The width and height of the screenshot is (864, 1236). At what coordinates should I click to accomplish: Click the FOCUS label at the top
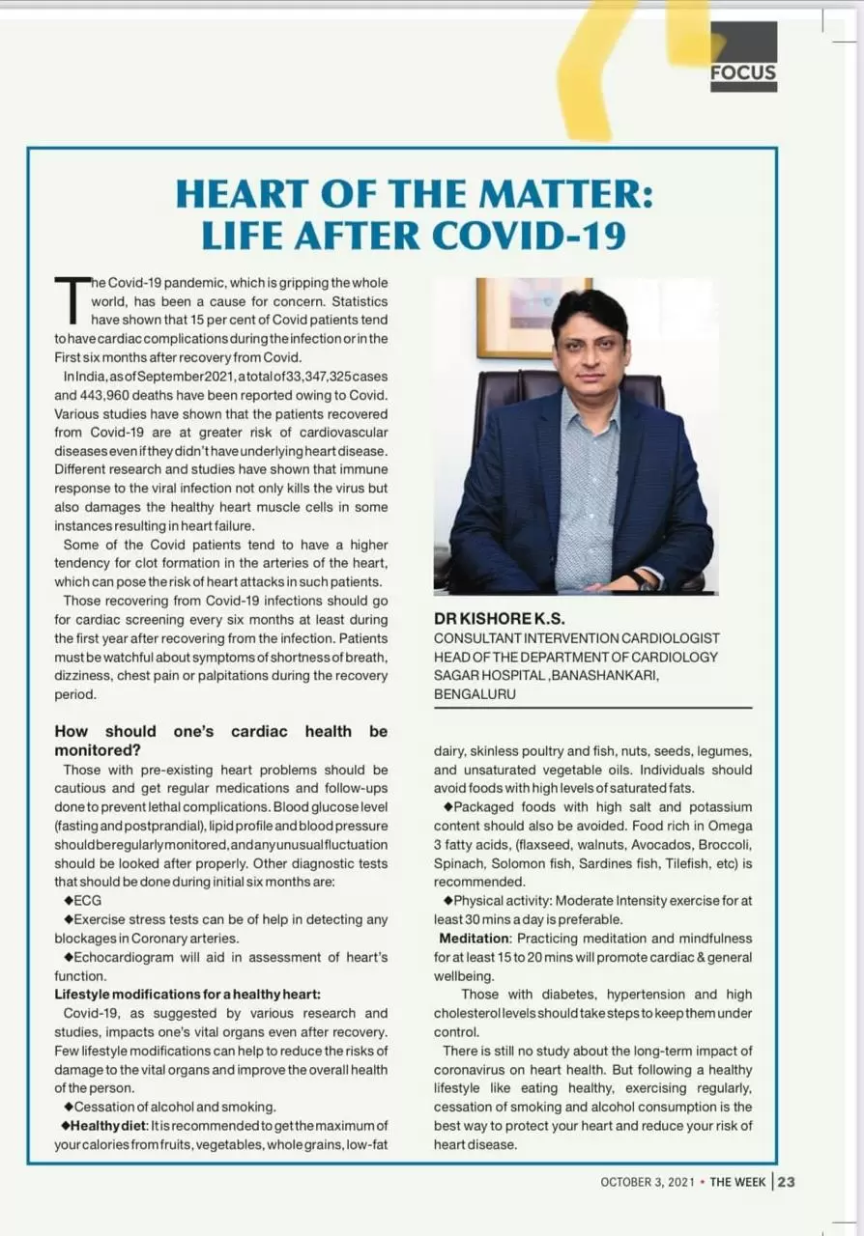pos(743,71)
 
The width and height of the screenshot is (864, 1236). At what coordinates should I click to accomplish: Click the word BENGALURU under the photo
pos(475,694)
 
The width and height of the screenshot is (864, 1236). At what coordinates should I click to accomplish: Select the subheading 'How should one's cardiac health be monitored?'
pos(220,740)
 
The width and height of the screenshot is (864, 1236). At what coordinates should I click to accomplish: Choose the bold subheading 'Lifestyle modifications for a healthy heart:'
pos(187,994)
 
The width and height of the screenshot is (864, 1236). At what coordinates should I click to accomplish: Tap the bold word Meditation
pos(474,938)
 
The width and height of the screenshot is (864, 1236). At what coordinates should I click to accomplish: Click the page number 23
pos(786,1182)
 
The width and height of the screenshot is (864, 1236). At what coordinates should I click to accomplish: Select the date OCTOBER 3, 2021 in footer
pos(648,1183)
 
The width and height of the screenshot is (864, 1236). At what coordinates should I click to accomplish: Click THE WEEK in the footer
pos(738,1183)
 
